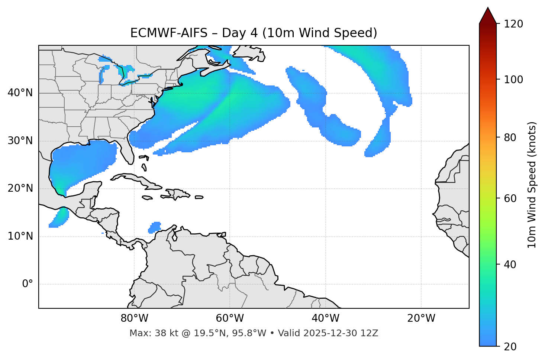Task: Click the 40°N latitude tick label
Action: [x=20, y=93]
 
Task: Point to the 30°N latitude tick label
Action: [x=20, y=141]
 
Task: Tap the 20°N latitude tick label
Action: [x=20, y=188]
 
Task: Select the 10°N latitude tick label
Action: [x=20, y=236]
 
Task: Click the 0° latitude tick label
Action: [x=28, y=284]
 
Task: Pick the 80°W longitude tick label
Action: [x=134, y=318]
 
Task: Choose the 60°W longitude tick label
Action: [x=230, y=318]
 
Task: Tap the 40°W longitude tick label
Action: [x=326, y=318]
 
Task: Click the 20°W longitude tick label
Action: [x=421, y=318]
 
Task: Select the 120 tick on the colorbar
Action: [x=513, y=24]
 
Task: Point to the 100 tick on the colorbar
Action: [x=513, y=80]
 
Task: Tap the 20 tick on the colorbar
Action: [x=510, y=347]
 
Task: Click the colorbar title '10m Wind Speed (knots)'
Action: [x=532, y=185]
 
